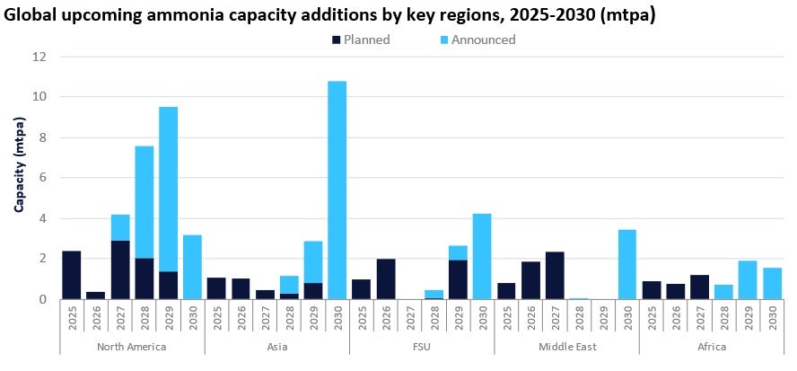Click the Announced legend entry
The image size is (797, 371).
click(x=480, y=40)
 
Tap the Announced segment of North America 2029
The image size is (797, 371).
click(x=168, y=189)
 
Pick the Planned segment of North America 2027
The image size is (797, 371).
click(x=120, y=269)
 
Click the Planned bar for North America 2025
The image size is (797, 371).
click(x=72, y=275)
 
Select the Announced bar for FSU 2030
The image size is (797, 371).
click(x=482, y=256)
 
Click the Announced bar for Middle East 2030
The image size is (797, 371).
click(x=627, y=264)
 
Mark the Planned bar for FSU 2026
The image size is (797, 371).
click(x=386, y=278)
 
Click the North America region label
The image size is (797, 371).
click(x=132, y=345)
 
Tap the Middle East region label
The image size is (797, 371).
click(x=566, y=345)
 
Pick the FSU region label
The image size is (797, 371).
click(x=422, y=345)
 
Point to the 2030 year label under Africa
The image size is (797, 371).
click(x=772, y=319)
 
